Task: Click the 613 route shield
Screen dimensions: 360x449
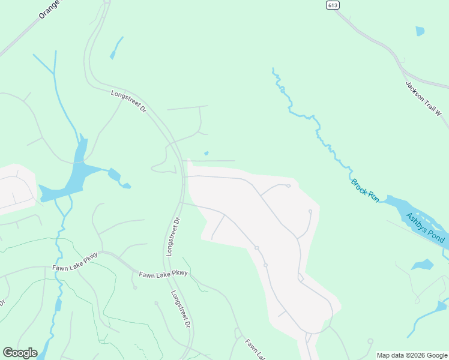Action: tap(333, 5)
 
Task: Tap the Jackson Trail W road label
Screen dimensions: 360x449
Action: tap(423, 99)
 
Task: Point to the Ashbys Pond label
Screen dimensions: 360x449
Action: tap(425, 228)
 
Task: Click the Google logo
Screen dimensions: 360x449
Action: tap(20, 353)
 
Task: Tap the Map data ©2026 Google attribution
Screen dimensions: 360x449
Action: tap(412, 355)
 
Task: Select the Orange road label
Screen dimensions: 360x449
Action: tap(50, 10)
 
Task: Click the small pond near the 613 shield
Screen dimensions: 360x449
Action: tap(420, 31)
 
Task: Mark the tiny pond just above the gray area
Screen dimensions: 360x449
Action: tap(206, 153)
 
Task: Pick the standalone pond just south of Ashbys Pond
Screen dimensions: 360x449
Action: tap(423, 264)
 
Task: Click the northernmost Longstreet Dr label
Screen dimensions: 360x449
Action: tap(128, 101)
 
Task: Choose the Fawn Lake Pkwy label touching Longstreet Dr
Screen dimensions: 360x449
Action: tap(163, 274)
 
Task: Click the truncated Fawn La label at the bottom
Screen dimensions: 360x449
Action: tap(255, 350)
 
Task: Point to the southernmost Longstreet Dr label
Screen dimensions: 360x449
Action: tap(180, 309)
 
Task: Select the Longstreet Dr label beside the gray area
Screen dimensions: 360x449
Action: tap(173, 237)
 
